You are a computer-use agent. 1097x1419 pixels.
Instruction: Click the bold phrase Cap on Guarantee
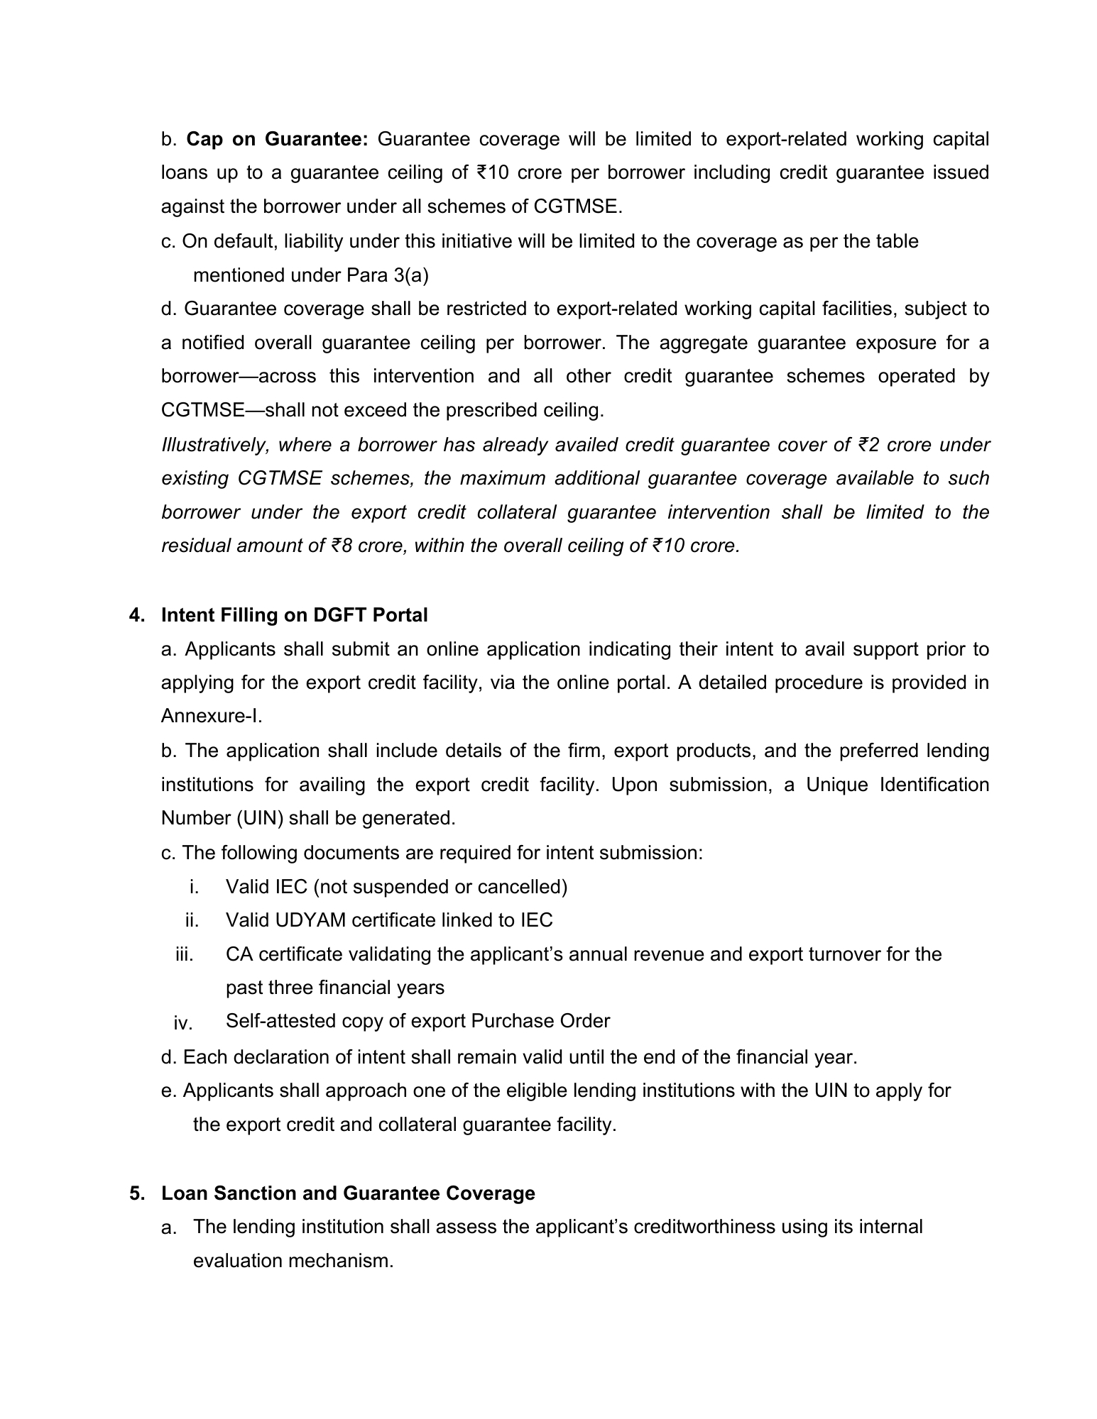tap(277, 139)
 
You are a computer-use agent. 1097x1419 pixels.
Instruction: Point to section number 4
tap(136, 615)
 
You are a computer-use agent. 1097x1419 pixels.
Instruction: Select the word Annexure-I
tap(212, 716)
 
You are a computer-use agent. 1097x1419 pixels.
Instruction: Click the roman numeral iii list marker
tap(184, 954)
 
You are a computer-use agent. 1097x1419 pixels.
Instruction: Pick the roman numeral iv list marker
tap(182, 1023)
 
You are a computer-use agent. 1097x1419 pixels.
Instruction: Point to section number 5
tap(136, 1193)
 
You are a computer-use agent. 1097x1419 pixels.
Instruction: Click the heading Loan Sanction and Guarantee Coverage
tap(348, 1193)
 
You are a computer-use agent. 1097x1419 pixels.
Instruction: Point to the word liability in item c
tap(312, 241)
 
